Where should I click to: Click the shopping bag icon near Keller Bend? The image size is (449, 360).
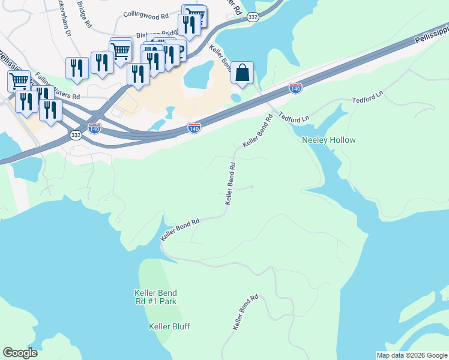click(x=242, y=73)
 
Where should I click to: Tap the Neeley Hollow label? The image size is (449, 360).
click(x=328, y=140)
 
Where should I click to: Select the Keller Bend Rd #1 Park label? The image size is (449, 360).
click(x=155, y=297)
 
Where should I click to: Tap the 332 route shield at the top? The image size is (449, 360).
click(x=253, y=17)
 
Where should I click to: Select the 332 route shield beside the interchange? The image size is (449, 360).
click(x=75, y=136)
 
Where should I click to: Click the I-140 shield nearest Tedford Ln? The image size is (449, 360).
click(x=295, y=88)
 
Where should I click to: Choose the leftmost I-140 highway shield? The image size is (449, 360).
click(x=94, y=128)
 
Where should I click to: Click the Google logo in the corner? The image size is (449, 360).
click(x=20, y=353)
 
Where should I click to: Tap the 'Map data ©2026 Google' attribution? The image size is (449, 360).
click(x=411, y=355)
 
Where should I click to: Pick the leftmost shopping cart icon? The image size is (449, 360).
click(x=19, y=80)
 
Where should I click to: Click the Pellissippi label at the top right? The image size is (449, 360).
click(x=431, y=35)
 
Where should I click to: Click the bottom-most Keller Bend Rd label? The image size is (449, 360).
click(x=246, y=311)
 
